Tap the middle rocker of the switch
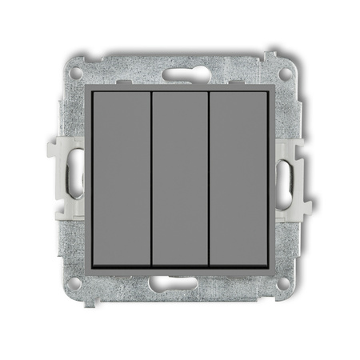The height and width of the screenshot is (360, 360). [x=179, y=179]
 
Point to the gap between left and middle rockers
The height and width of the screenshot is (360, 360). [x=151, y=179]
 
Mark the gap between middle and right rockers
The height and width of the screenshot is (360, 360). [x=209, y=179]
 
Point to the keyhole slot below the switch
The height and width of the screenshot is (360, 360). [x=180, y=282]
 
